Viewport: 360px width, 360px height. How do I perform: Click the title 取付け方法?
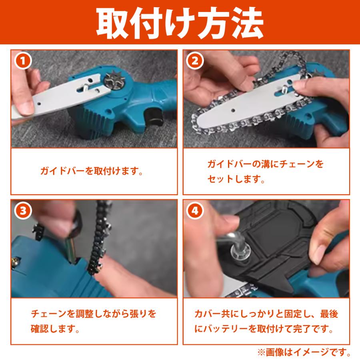[180, 22]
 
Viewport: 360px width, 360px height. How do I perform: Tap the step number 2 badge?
[195, 61]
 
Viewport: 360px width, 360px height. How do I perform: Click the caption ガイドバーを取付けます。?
[92, 172]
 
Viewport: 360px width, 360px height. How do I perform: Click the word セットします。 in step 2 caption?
[236, 180]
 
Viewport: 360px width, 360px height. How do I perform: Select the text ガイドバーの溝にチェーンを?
[265, 164]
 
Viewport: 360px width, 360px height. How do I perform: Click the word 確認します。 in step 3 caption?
[54, 330]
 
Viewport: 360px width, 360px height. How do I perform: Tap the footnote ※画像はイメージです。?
[304, 352]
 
